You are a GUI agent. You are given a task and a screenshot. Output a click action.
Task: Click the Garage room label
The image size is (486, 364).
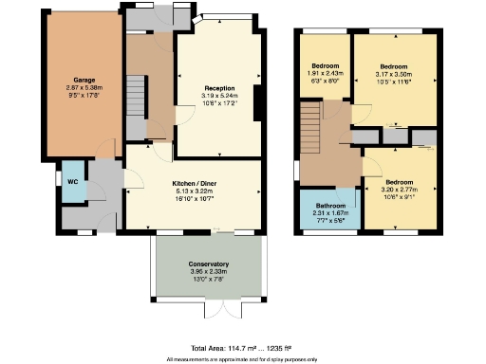click(84, 80)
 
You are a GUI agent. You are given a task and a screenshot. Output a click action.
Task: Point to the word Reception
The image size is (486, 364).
click(219, 88)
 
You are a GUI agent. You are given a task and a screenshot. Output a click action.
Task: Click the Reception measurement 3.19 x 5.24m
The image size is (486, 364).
click(219, 95)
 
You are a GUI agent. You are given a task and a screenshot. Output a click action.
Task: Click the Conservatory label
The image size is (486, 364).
click(208, 264)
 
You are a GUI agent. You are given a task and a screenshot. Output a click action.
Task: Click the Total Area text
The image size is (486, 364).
click(242, 349)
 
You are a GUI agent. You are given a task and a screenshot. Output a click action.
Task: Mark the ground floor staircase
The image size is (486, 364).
click(135, 100)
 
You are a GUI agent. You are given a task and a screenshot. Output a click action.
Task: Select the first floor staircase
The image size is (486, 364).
click(311, 127)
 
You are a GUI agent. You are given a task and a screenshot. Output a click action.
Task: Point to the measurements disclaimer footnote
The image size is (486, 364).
click(242, 359)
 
